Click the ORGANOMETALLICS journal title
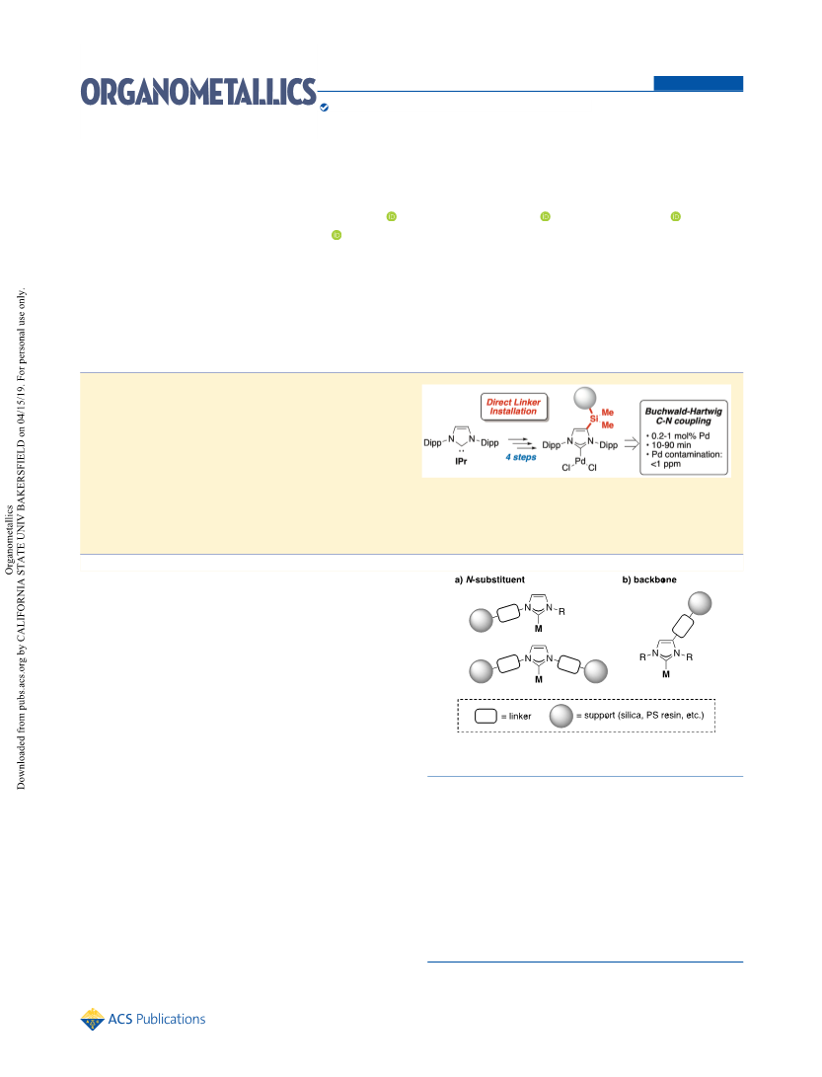198,92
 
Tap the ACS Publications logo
143,1019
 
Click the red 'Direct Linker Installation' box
514,407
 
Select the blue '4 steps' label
520,457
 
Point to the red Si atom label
594,418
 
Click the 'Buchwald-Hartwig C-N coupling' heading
683,416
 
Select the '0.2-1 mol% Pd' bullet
678,435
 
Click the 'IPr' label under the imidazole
461,461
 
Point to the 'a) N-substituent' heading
489,579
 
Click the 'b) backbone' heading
649,579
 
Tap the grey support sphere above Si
585,398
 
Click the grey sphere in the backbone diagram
700,603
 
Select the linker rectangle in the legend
486,716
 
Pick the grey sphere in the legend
561,716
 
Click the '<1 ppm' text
665,464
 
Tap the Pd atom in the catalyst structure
580,461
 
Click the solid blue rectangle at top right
699,83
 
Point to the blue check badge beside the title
324,108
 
